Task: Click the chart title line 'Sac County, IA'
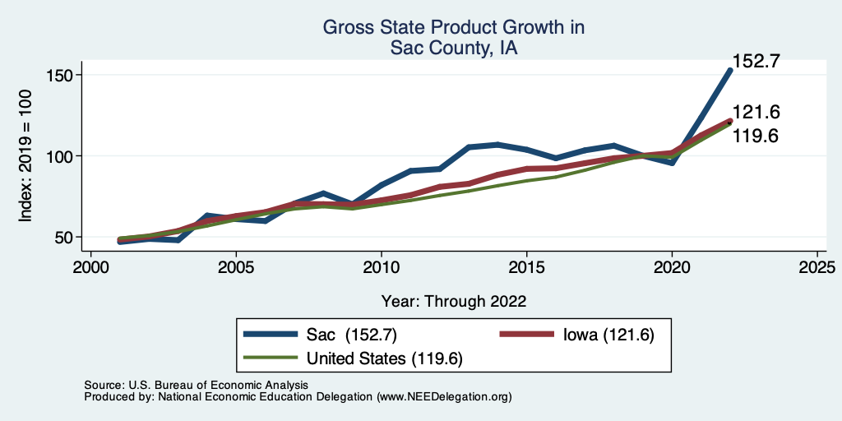click(x=453, y=49)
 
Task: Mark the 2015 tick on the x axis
click(x=527, y=268)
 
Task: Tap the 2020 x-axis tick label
click(x=673, y=268)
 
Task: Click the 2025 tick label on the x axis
click(x=818, y=268)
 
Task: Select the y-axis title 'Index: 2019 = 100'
click(x=25, y=156)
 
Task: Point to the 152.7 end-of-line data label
click(x=756, y=60)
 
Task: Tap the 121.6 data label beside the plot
click(x=756, y=113)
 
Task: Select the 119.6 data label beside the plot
click(x=756, y=136)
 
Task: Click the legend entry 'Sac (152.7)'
click(x=354, y=335)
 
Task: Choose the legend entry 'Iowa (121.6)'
click(x=608, y=335)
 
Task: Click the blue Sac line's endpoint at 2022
click(x=730, y=70)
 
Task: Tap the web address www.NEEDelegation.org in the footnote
click(x=444, y=396)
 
